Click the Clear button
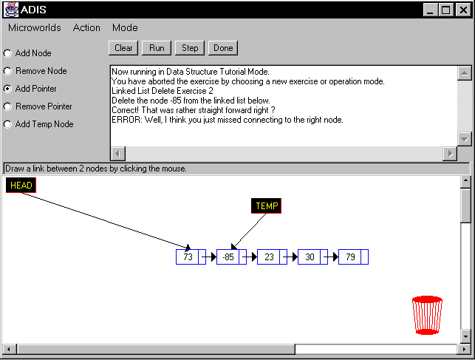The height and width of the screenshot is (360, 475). point(123,48)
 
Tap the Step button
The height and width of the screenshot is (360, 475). point(190,48)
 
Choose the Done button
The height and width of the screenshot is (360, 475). point(223,48)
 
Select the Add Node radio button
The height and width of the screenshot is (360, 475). point(7,53)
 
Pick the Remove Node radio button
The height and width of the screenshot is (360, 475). point(7,71)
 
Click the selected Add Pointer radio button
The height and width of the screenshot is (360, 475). point(7,89)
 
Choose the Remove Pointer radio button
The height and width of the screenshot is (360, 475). point(7,106)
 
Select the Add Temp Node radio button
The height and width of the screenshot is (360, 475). point(7,124)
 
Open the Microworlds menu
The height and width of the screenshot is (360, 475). point(35,27)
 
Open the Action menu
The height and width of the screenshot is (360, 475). point(86,27)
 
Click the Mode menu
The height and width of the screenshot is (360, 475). point(125,27)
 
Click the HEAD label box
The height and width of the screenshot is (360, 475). point(21,185)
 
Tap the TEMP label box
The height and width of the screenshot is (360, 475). point(266,206)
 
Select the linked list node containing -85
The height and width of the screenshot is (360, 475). point(231,257)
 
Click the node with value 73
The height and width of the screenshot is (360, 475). point(191,257)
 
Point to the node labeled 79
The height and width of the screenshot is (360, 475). point(353,257)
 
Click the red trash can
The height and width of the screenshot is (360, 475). point(427,315)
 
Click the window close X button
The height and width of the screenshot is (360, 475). point(463,10)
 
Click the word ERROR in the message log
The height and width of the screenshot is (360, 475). point(126,120)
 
